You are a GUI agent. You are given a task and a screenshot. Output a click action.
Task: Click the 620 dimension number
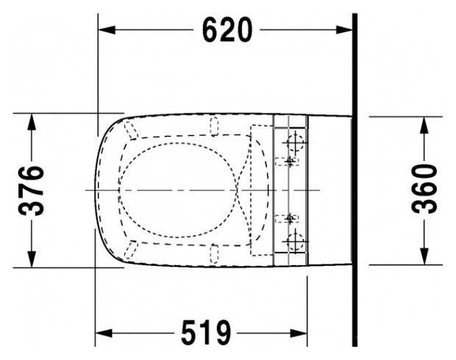pyautogui.click(x=227, y=30)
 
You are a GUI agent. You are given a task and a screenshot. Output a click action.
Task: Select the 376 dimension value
pyautogui.click(x=32, y=190)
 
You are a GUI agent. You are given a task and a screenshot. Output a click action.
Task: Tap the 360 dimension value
pyautogui.click(x=424, y=189)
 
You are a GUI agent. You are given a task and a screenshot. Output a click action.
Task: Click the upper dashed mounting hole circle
pyautogui.click(x=295, y=139)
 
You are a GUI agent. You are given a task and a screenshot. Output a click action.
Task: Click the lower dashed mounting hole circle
pyautogui.click(x=295, y=239)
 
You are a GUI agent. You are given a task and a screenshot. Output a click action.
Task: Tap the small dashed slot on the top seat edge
pyautogui.click(x=214, y=126)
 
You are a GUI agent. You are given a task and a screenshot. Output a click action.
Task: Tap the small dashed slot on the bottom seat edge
pyautogui.click(x=214, y=253)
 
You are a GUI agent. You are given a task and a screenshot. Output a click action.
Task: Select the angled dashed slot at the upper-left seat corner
pyautogui.click(x=132, y=131)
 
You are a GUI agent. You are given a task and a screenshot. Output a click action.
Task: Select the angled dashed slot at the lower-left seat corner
pyautogui.click(x=132, y=248)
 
